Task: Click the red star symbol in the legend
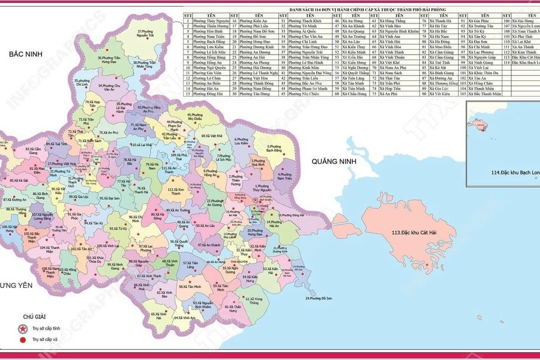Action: coord(23,328)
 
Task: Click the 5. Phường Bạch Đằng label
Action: coord(275,148)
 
